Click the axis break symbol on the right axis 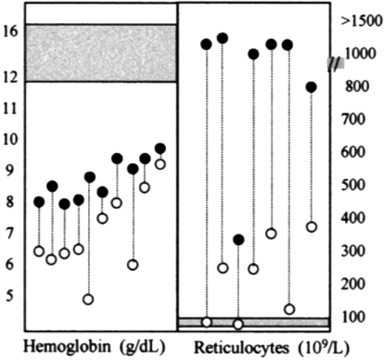tap(336, 64)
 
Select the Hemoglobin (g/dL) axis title tap(95, 346)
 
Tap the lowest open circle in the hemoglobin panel tap(89, 299)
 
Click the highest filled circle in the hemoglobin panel tap(160, 149)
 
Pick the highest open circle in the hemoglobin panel tap(160, 164)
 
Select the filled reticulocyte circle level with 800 tap(312, 87)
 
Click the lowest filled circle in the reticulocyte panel tap(238, 240)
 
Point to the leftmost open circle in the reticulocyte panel tap(207, 322)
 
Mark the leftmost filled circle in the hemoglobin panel tap(39, 202)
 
